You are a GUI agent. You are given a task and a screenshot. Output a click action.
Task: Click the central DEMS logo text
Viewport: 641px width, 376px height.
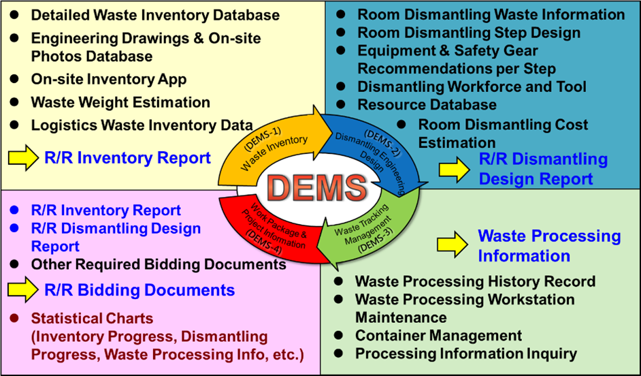[x=319, y=186]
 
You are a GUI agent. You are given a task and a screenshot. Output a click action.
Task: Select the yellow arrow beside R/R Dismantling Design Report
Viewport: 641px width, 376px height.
[x=453, y=169]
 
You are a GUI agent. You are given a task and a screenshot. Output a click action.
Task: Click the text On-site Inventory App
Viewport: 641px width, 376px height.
[x=108, y=79]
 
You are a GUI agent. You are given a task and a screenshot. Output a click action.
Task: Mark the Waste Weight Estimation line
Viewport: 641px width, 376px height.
[x=120, y=102]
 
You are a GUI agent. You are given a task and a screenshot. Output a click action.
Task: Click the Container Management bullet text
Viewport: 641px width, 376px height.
[x=438, y=336]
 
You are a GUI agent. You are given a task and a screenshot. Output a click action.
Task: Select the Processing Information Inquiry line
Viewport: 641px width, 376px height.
[x=465, y=354]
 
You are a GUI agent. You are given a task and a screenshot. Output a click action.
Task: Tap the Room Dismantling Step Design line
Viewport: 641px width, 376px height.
[x=469, y=33]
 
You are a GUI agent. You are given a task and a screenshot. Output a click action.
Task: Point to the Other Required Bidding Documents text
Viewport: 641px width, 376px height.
[x=159, y=264]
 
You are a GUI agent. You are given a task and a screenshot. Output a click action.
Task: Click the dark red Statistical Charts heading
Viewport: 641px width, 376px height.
[x=92, y=318]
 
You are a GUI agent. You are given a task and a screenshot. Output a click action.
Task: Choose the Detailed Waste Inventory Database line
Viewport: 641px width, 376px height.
[x=155, y=14]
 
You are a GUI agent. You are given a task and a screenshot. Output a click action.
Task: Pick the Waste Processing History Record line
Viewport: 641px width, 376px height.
[x=475, y=281]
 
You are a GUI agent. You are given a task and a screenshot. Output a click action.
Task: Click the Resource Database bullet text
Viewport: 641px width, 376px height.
[x=427, y=105]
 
